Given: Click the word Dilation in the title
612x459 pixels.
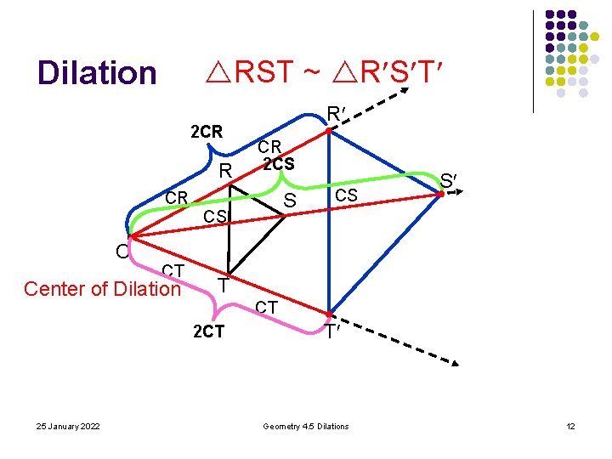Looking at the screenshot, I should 97,73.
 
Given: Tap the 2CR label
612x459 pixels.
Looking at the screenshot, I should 207,132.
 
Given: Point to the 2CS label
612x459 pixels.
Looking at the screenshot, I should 278,163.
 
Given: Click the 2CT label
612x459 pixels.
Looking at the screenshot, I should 208,331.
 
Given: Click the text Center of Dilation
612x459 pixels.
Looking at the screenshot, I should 102,289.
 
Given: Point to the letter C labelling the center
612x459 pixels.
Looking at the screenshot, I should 123,251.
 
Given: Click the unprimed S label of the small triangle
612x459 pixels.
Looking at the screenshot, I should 290,201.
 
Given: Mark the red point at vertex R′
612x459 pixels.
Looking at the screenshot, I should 331,129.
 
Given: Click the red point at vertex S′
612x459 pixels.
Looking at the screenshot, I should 440,195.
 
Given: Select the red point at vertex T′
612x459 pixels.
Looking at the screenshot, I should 331,314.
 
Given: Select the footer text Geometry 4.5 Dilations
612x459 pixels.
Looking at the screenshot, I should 306,426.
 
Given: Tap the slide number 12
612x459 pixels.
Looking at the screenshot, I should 570,426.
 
